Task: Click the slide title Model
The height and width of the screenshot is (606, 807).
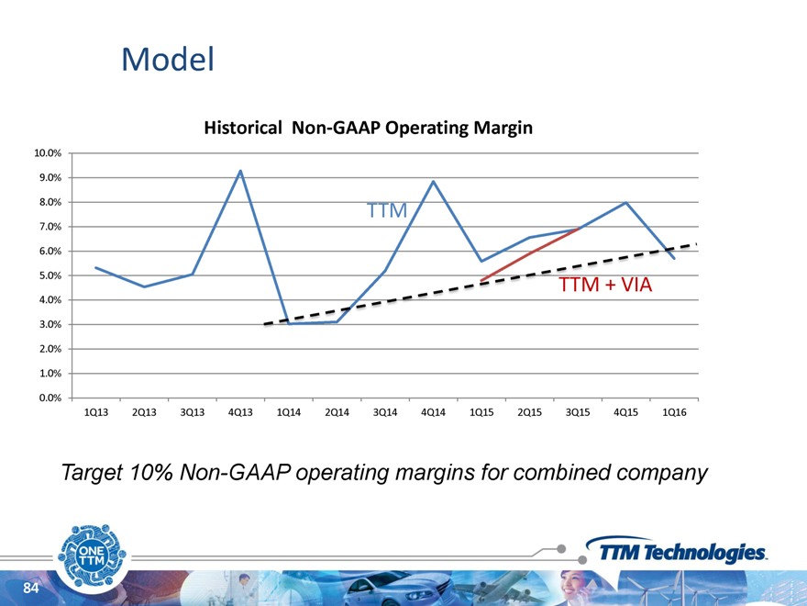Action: (168, 61)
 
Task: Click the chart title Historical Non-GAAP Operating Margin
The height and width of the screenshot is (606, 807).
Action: (368, 129)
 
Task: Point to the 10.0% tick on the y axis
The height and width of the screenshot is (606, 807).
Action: (48, 153)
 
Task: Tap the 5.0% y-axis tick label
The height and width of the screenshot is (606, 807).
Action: (50, 275)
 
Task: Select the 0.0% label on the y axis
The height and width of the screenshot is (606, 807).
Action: (50, 398)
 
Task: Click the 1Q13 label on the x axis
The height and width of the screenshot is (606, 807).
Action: (95, 412)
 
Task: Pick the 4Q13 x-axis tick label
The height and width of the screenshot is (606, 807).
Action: (239, 412)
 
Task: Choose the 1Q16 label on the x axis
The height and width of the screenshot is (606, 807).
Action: (674, 412)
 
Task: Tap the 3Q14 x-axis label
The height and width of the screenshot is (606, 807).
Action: (384, 412)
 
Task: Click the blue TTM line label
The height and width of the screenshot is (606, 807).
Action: (386, 211)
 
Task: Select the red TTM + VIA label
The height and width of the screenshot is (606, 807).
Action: (605, 286)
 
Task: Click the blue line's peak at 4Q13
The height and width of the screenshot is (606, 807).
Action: (240, 171)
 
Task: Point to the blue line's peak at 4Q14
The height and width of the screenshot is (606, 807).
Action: (433, 181)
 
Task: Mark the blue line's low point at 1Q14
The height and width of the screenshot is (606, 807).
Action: (288, 323)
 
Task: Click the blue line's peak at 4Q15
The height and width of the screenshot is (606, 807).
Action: (625, 203)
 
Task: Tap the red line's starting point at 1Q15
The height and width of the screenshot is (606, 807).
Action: (481, 280)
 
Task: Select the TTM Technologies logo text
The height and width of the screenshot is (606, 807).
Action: (682, 552)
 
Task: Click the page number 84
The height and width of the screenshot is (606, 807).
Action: (31, 588)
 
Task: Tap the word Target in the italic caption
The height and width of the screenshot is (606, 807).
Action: (91, 473)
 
